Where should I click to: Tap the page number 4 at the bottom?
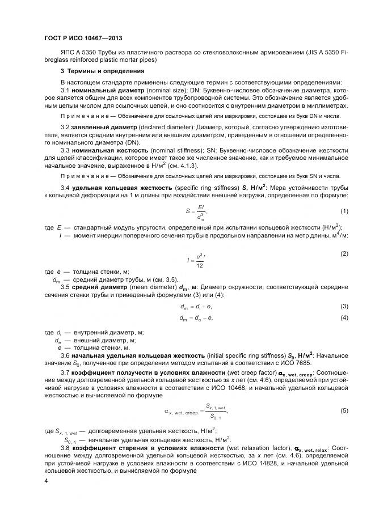tap(46, 481)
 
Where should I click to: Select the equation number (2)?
tap(344, 253)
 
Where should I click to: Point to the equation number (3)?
tap(344, 307)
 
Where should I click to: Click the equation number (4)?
tap(344, 317)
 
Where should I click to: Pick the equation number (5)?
tap(344, 410)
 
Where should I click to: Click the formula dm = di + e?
tap(196, 307)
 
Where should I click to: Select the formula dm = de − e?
tap(196, 318)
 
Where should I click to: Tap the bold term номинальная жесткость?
tap(109, 150)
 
